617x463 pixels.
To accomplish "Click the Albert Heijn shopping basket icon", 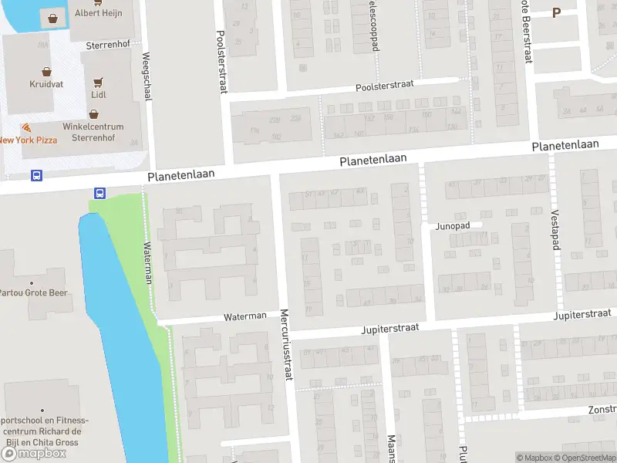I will pyautogui.click(x=53, y=17).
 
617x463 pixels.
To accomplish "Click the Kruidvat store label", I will pyautogui.click(x=46, y=84).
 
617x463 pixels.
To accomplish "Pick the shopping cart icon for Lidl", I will pyautogui.click(x=98, y=81).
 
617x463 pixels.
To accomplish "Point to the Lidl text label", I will pyautogui.click(x=98, y=95).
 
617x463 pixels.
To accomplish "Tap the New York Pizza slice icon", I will pyautogui.click(x=27, y=127).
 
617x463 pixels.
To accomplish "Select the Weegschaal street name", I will pyautogui.click(x=147, y=76).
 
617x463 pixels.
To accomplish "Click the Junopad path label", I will pyautogui.click(x=453, y=226).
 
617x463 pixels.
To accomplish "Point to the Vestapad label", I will pyautogui.click(x=555, y=229).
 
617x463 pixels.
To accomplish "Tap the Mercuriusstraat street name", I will pyautogui.click(x=285, y=345).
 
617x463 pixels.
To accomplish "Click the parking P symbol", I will pyautogui.click(x=556, y=12).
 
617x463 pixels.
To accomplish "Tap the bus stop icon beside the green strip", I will pyautogui.click(x=99, y=193).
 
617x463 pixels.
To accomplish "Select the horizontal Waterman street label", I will pyautogui.click(x=244, y=316).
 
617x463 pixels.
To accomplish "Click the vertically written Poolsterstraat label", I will pyautogui.click(x=221, y=61).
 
